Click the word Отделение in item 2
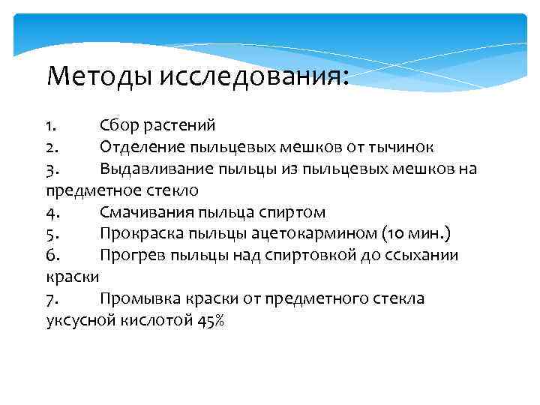tap(137, 146)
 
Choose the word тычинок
tap(401, 146)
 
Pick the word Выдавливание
tap(152, 168)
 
